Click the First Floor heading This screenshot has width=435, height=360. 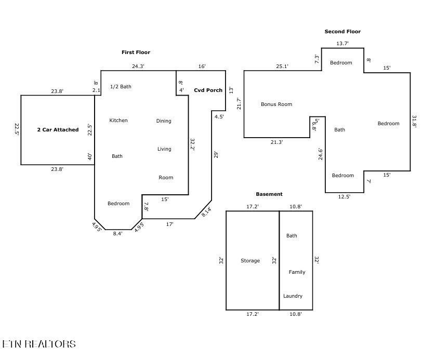pyautogui.click(x=136, y=52)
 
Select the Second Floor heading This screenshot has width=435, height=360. pyautogui.click(x=342, y=32)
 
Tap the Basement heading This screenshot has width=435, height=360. pyautogui.click(x=269, y=194)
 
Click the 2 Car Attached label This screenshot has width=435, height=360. pyautogui.click(x=58, y=130)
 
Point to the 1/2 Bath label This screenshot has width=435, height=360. pyautogui.click(x=121, y=87)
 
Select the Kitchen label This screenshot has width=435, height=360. pyautogui.click(x=118, y=121)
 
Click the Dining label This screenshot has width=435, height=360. pyautogui.click(x=164, y=121)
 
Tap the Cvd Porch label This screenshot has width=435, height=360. pyautogui.click(x=208, y=90)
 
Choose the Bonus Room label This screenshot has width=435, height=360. pyautogui.click(x=276, y=104)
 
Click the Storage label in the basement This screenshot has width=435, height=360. pyautogui.click(x=250, y=261)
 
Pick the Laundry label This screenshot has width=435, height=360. pyautogui.click(x=293, y=296)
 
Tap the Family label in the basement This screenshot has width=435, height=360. pyautogui.click(x=297, y=272)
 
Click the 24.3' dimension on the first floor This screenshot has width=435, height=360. pyautogui.click(x=138, y=66)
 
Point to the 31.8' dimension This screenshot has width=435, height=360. pyautogui.click(x=414, y=122)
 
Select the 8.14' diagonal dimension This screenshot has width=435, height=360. pyautogui.click(x=206, y=212)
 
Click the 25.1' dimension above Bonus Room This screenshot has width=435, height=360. pyautogui.click(x=282, y=66)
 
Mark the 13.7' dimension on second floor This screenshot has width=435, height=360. pyautogui.click(x=342, y=44)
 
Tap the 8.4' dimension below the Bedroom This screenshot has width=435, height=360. pyautogui.click(x=118, y=234)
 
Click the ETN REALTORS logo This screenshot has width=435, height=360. pyautogui.click(x=39, y=344)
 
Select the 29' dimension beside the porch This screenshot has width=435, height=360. pyautogui.click(x=216, y=155)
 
